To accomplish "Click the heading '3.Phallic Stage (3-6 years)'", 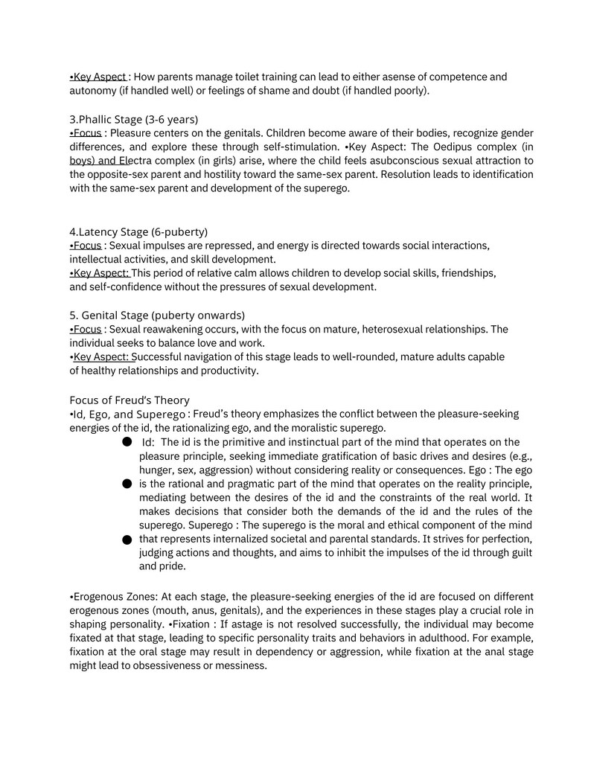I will (134, 119).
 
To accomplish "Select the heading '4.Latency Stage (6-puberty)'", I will (138, 231).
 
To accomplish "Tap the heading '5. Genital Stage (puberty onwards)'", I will (157, 315).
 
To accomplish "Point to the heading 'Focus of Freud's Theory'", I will (130, 400).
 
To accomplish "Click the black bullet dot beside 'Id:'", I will (127, 441).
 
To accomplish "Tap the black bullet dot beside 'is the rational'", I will (127, 484).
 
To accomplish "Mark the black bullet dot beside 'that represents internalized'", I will (127, 539).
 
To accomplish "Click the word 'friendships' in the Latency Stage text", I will (467, 273).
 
